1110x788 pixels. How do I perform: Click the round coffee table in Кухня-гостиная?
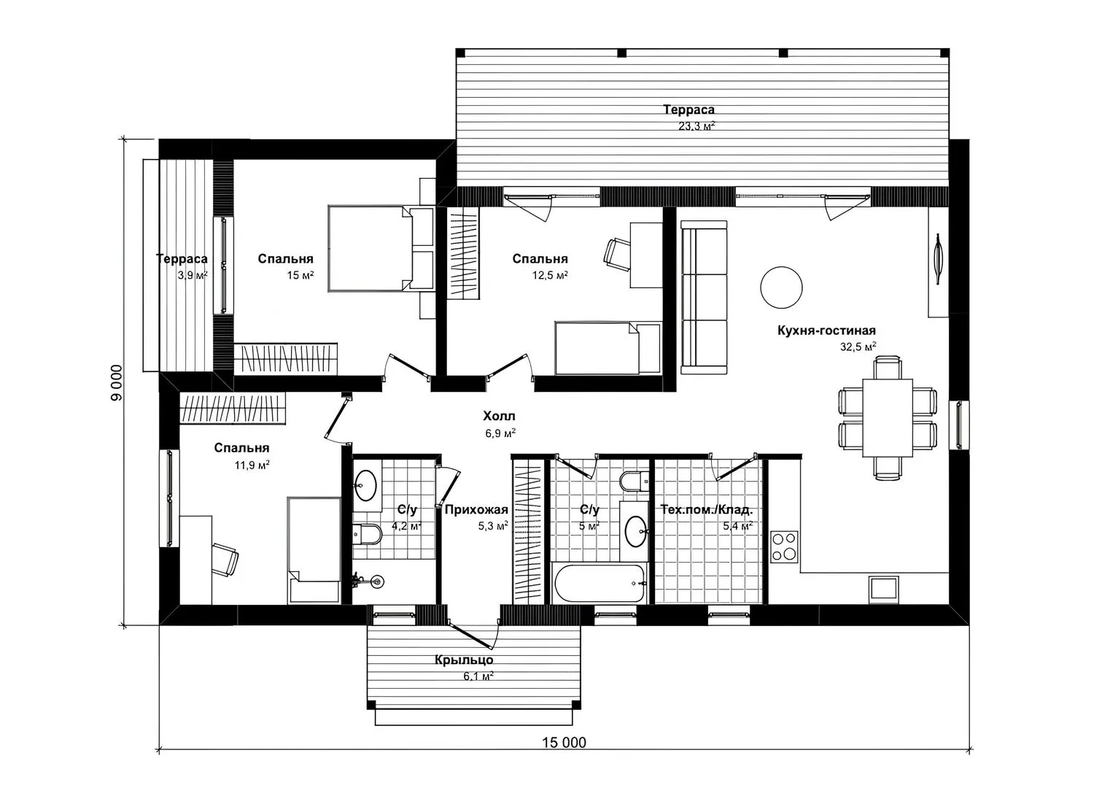[x=782, y=287]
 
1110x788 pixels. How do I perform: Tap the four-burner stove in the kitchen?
[x=785, y=546]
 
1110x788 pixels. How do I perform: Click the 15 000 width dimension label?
[x=564, y=742]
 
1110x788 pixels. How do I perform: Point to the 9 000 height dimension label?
[x=117, y=383]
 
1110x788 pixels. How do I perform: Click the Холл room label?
[x=499, y=416]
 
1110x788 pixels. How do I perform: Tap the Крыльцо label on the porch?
[x=464, y=660]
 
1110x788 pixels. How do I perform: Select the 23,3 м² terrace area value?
[x=696, y=126]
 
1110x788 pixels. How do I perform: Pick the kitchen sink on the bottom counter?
[x=883, y=590]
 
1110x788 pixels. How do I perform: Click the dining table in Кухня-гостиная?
[x=888, y=417]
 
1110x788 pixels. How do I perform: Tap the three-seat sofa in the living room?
[x=704, y=297]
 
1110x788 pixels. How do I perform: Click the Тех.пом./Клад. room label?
[x=706, y=509]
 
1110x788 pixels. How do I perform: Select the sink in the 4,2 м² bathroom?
[x=366, y=485]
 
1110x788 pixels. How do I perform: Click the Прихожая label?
[x=476, y=509]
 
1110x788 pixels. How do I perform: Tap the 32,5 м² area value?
[x=858, y=347]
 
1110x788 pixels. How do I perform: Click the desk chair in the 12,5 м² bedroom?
[x=617, y=253]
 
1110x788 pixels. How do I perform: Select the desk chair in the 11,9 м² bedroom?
[x=225, y=559]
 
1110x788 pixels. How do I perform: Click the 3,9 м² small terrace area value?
[x=193, y=275]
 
